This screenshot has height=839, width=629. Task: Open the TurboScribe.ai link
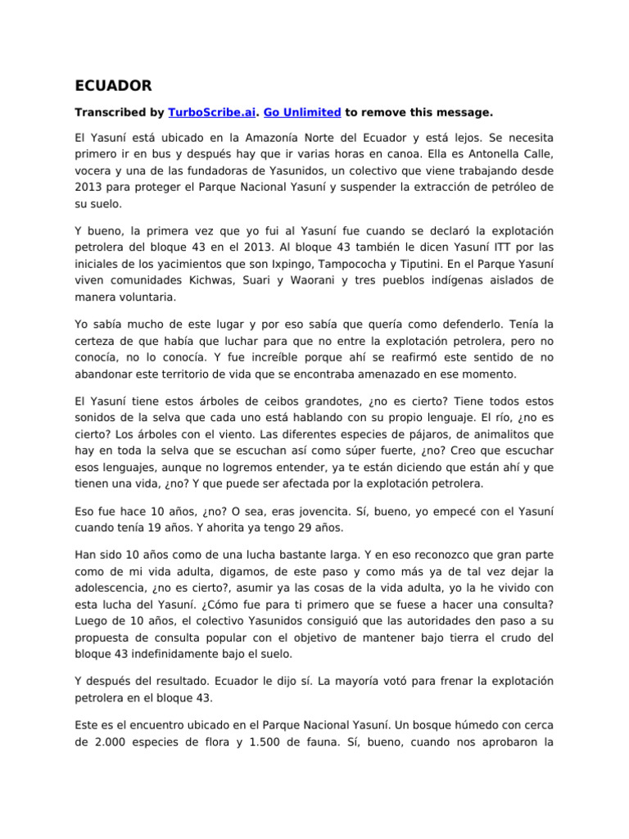point(206,111)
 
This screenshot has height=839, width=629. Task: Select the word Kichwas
point(210,280)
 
